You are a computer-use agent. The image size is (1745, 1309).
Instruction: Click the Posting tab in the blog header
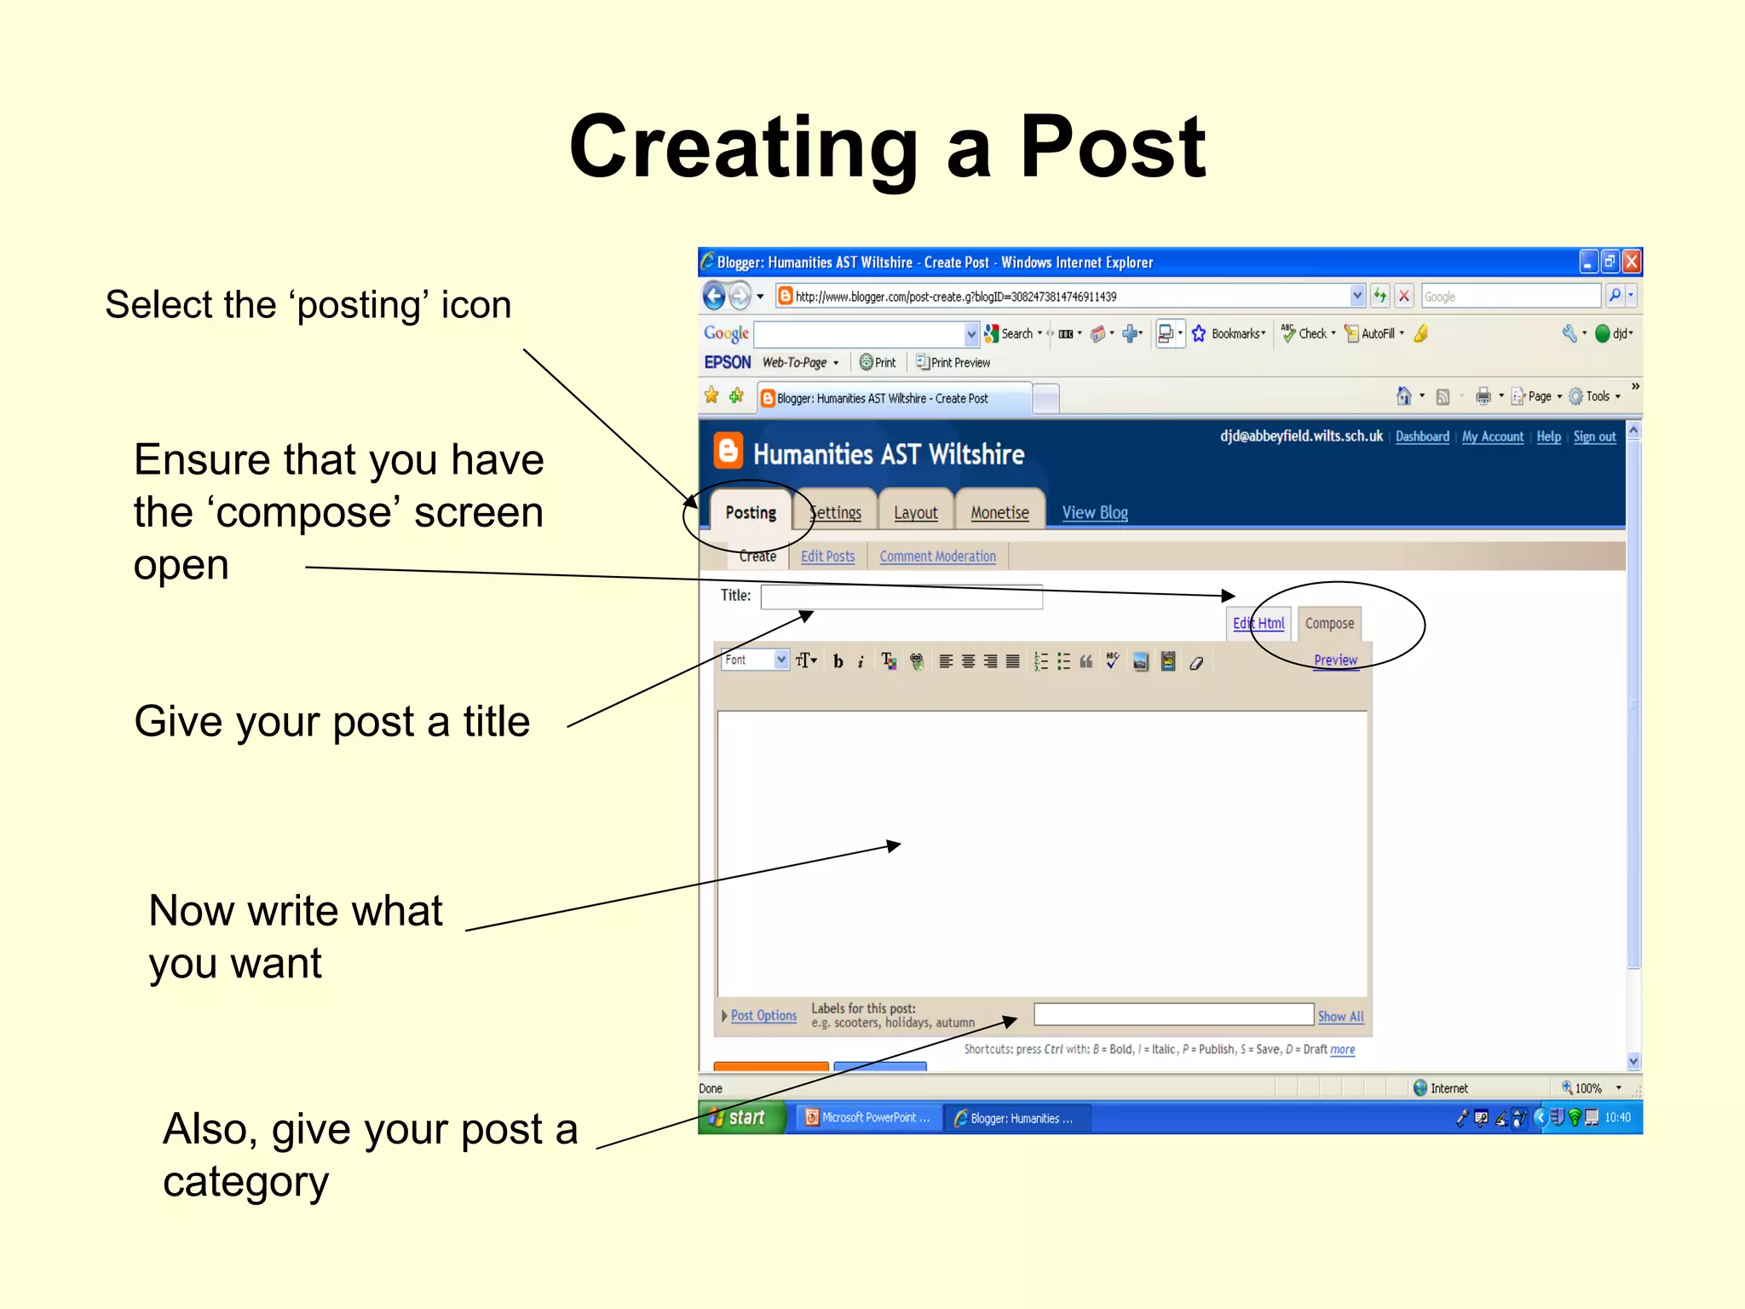pyautogui.click(x=751, y=512)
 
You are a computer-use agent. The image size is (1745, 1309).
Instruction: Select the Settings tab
pyautogui.click(x=836, y=512)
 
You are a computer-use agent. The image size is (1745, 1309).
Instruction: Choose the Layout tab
pyautogui.click(x=915, y=512)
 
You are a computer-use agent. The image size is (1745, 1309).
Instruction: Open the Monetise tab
pyautogui.click(x=999, y=512)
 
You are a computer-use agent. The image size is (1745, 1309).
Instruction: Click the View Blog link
pyautogui.click(x=1095, y=512)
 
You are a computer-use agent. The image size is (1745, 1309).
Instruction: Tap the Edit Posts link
pyautogui.click(x=827, y=556)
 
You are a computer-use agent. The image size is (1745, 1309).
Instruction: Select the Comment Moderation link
pyautogui.click(x=937, y=556)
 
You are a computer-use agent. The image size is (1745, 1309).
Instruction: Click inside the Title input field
pyautogui.click(x=901, y=597)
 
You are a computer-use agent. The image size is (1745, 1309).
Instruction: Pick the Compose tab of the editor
pyautogui.click(x=1329, y=623)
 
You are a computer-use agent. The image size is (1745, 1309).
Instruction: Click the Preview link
pyautogui.click(x=1335, y=660)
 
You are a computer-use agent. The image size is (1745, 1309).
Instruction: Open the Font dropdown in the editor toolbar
pyautogui.click(x=755, y=660)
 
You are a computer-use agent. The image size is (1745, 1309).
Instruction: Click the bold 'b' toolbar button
pyautogui.click(x=838, y=661)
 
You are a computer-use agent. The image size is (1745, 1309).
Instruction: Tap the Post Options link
pyautogui.click(x=763, y=1016)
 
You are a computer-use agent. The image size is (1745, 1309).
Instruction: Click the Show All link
pyautogui.click(x=1340, y=1017)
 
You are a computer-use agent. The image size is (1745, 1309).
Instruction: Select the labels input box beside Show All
pyautogui.click(x=1173, y=1014)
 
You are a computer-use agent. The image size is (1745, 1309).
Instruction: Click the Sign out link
pyautogui.click(x=1594, y=436)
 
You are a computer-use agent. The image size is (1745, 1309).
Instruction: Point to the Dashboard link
pyautogui.click(x=1422, y=436)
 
